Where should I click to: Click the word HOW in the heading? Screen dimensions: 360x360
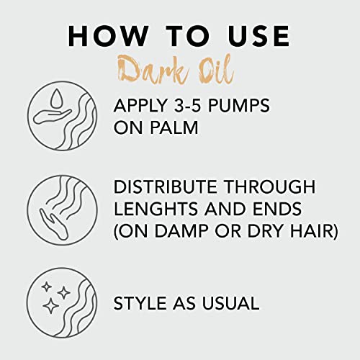pyautogui.click(x=104, y=37)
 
